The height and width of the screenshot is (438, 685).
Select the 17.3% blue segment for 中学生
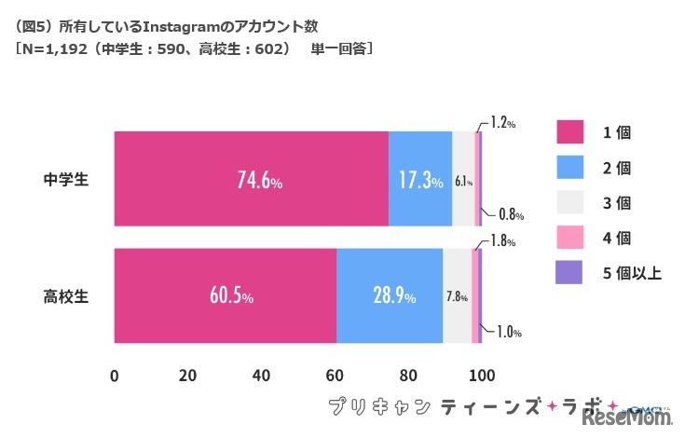[x=419, y=179]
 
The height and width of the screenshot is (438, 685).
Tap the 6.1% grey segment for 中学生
[x=462, y=179]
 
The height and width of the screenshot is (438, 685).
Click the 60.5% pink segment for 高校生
[x=225, y=296]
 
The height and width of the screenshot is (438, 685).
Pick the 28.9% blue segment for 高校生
[x=390, y=296]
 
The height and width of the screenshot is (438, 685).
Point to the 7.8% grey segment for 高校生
[x=457, y=296]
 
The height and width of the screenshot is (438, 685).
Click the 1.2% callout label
[x=502, y=122]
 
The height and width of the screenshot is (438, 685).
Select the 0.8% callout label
[x=509, y=214]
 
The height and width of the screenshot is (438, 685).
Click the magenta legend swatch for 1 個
[x=569, y=131]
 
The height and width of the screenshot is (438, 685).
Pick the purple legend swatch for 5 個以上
[x=569, y=272]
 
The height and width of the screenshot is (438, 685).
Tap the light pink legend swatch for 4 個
[x=569, y=237]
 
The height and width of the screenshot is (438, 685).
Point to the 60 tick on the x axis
[x=335, y=376]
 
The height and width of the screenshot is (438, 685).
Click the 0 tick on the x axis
[x=115, y=376]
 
